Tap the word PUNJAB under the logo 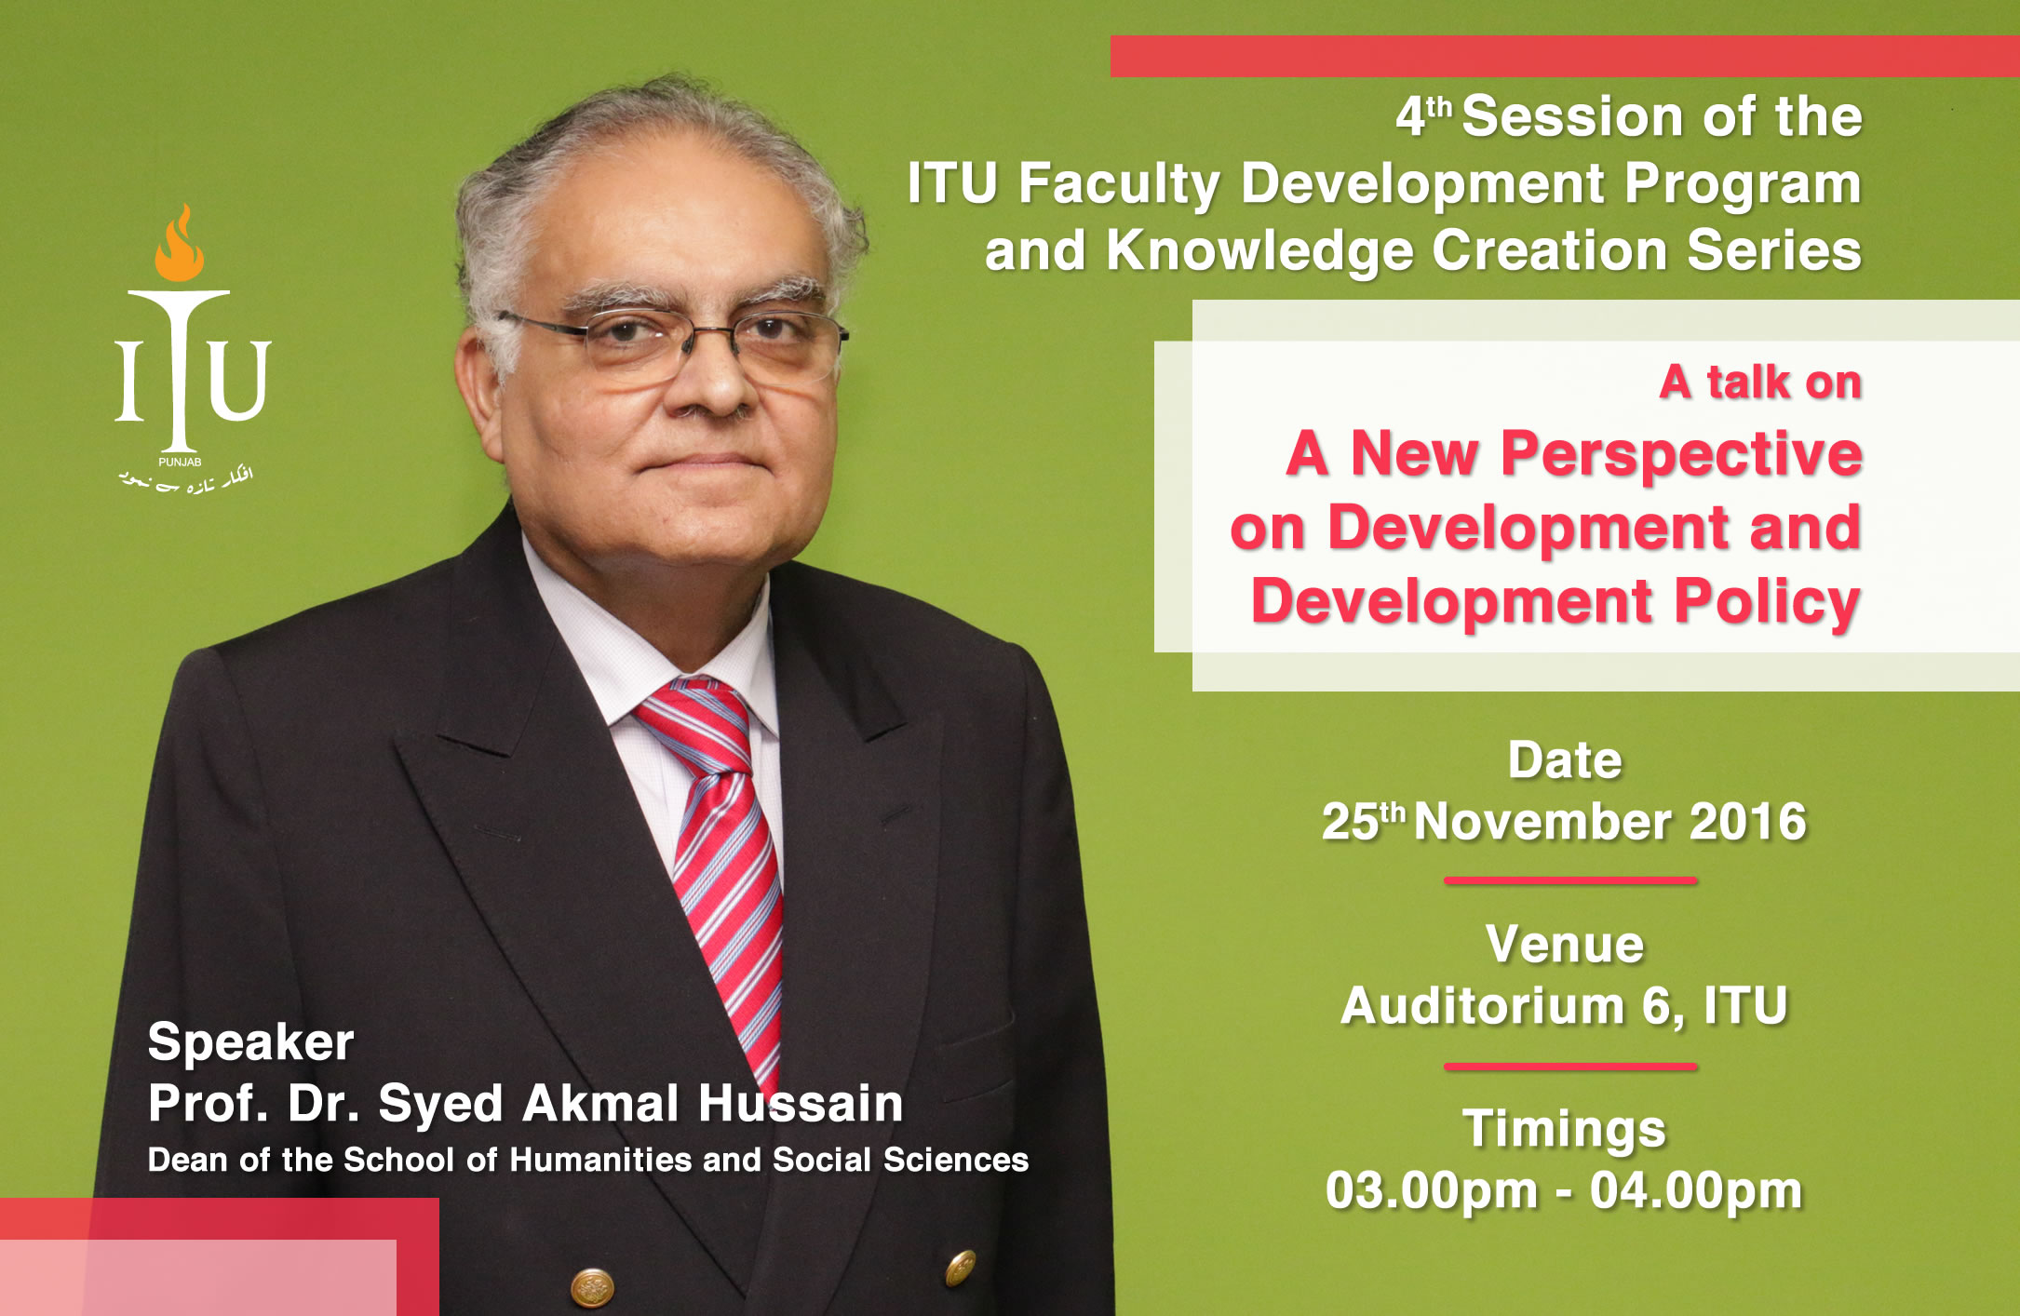[x=180, y=463]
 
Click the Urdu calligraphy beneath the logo [x=186, y=480]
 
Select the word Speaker [x=250, y=1043]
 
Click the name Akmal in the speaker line [x=600, y=1104]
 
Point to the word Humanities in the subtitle [x=601, y=1160]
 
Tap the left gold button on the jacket [x=592, y=1288]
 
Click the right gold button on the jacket [x=961, y=1267]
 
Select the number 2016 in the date [x=1747, y=822]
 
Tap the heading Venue [x=1565, y=945]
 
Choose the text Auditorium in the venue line [x=1483, y=1006]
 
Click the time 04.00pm [x=1696, y=1191]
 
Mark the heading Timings [x=1564, y=1130]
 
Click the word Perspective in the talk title [x=1681, y=456]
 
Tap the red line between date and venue [x=1570, y=880]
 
